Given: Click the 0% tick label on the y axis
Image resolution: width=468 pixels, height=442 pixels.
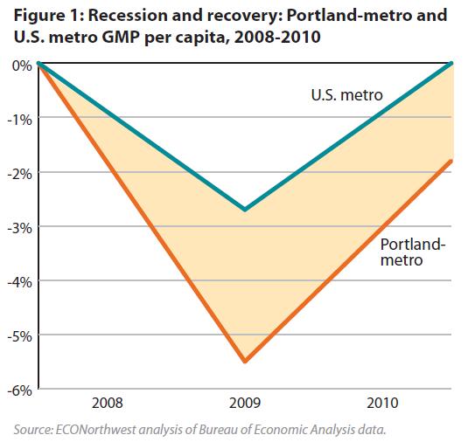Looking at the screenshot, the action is pos(22,66).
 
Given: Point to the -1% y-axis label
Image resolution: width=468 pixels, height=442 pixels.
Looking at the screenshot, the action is pos(19,121).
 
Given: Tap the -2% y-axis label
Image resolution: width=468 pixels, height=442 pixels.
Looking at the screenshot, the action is pos(19,175).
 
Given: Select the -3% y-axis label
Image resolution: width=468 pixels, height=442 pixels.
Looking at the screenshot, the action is pos(19,229).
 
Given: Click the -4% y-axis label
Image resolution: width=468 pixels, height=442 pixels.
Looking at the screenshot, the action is pos(19,282).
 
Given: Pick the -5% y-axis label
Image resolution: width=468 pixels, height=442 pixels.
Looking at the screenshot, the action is pos(19,337).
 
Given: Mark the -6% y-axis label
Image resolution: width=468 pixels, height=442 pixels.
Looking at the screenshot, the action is pos(19,390).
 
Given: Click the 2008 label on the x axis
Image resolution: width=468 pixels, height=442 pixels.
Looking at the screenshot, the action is pos(107,404).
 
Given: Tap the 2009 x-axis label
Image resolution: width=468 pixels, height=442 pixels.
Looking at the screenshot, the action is pos(245,404).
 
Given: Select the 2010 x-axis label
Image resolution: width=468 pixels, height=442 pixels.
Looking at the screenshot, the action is pos(382,404).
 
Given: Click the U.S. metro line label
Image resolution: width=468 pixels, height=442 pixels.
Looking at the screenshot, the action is pos(346,95).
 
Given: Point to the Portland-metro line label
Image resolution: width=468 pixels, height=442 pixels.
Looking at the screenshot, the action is pos(413,252).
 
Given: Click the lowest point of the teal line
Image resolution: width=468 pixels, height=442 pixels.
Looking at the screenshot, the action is pos(245,210).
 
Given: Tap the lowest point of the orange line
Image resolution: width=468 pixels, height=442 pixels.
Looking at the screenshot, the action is pos(245,361).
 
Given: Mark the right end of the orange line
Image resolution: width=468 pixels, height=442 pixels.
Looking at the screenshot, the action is pos(451,162).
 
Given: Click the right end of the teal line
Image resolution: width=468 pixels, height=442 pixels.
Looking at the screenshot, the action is pos(451,63).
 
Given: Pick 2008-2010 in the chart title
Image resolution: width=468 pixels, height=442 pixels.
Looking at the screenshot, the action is pos(277,38).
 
